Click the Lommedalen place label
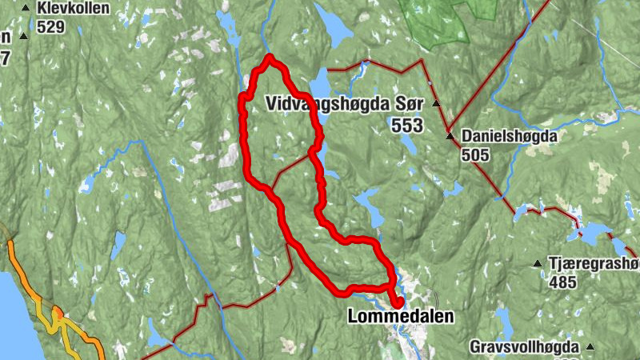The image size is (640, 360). tap(400, 317)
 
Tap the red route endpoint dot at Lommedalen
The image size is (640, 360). tap(397, 302)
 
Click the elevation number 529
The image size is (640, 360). tap(50, 26)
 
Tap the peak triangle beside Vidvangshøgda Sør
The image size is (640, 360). tap(436, 104)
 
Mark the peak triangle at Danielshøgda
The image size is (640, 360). tap(450, 136)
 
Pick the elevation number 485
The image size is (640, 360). tap(563, 282)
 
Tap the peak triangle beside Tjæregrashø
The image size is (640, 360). tap(538, 264)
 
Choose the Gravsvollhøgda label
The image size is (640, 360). tap(523, 348)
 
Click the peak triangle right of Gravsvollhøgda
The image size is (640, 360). tap(590, 347)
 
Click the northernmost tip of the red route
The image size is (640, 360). tap(270, 57)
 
